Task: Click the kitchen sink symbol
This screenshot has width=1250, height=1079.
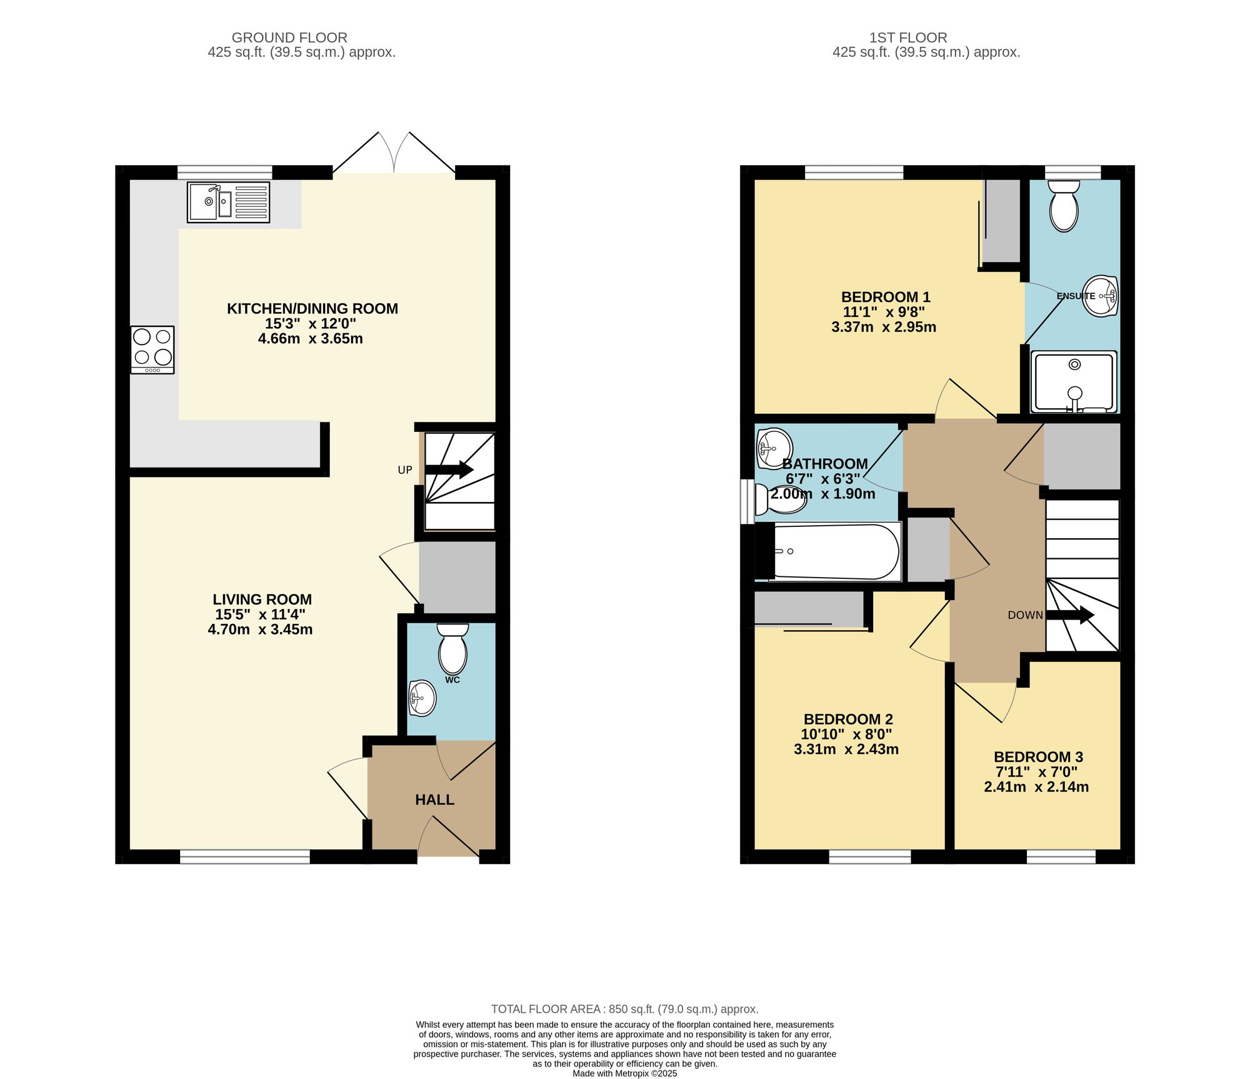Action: [x=228, y=202]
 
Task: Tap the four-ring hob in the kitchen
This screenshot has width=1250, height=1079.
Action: [x=152, y=349]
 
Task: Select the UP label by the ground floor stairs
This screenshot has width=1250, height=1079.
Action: [x=405, y=470]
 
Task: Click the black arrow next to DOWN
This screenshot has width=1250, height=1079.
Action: [x=1070, y=615]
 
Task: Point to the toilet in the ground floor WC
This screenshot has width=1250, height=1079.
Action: [x=452, y=648]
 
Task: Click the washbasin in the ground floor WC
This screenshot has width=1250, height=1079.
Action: [x=422, y=698]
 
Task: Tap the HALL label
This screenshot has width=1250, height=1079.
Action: [x=434, y=800]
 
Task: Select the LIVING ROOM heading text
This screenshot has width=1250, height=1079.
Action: [x=262, y=599]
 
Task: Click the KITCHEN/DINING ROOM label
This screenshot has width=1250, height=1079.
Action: [x=312, y=308]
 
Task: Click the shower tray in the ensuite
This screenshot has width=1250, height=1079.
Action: [x=1074, y=381]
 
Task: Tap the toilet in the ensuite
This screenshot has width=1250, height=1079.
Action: [x=1064, y=206]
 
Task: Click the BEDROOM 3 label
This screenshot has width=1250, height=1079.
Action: [x=1038, y=756]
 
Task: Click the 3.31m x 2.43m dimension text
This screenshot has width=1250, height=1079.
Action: [x=846, y=749]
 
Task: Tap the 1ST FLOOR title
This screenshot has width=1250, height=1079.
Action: [x=908, y=38]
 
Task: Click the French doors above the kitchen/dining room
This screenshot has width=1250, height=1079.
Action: [x=394, y=153]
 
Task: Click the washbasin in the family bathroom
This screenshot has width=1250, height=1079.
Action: [x=774, y=448]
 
